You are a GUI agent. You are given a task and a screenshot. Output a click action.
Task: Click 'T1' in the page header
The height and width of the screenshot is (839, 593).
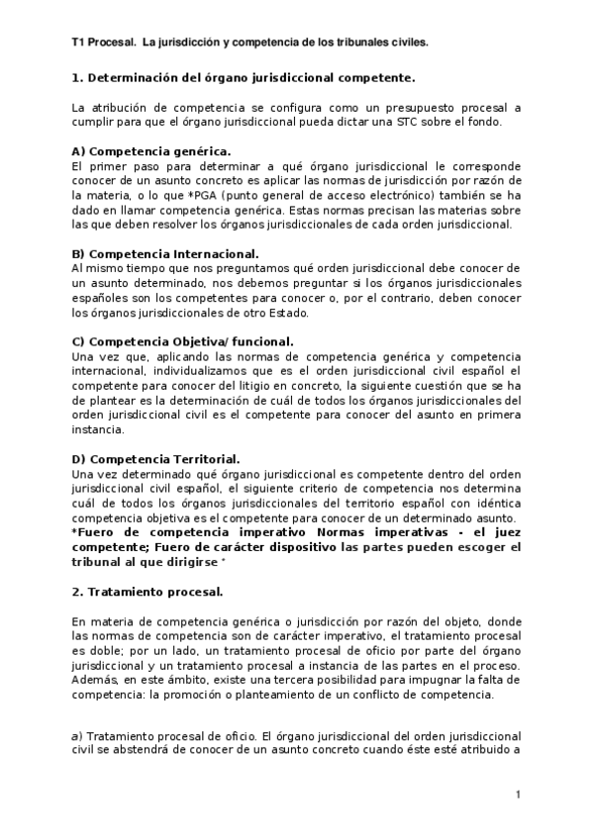point(80,44)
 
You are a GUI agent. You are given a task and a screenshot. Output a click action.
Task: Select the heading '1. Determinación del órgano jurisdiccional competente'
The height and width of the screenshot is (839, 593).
point(244,76)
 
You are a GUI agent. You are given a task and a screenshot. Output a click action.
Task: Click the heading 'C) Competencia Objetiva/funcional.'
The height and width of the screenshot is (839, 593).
point(181,342)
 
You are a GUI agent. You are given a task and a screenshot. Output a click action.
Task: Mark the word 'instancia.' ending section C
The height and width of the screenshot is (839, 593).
point(99,430)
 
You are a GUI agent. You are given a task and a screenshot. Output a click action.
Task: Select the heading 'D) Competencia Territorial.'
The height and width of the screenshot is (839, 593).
point(156,460)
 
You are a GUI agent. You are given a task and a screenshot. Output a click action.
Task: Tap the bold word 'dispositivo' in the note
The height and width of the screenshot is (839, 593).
point(277,548)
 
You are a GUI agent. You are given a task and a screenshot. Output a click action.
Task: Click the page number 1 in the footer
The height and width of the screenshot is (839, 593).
point(517,795)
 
